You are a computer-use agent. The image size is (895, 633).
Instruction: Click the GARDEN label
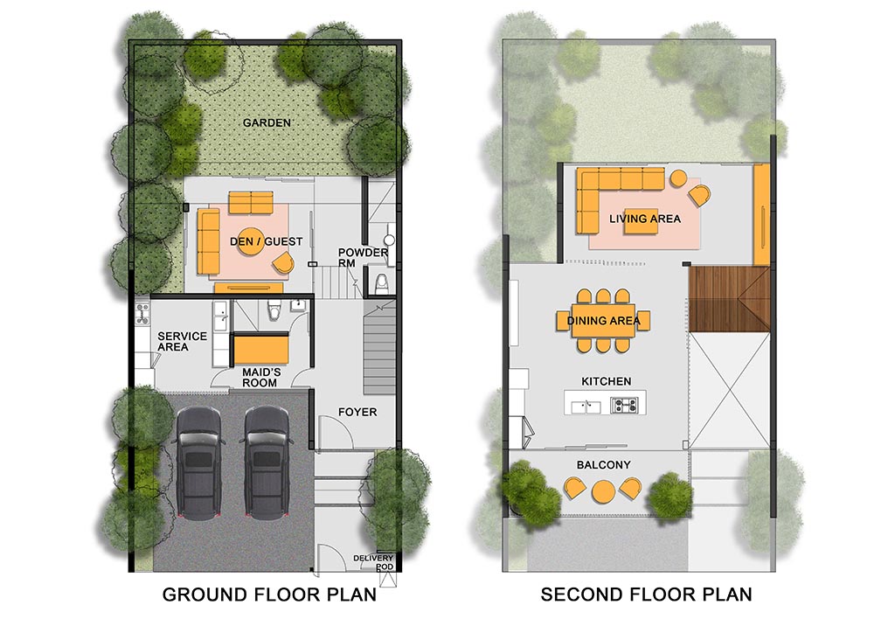pyautogui.click(x=267, y=122)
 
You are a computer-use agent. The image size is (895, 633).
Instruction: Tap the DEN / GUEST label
pyautogui.click(x=266, y=241)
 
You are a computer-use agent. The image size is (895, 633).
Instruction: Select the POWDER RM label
pyautogui.click(x=363, y=257)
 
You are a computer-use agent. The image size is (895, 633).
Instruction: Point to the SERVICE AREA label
pyautogui.click(x=182, y=341)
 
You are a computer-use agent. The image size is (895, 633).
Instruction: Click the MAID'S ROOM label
pyautogui.click(x=260, y=378)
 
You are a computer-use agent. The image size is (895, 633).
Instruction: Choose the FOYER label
pyautogui.click(x=357, y=412)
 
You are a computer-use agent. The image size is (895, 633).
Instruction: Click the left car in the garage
pyautogui.click(x=199, y=463)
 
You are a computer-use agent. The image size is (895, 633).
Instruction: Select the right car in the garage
pyautogui.click(x=267, y=463)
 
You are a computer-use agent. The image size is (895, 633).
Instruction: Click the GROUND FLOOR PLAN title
pyautogui.click(x=269, y=595)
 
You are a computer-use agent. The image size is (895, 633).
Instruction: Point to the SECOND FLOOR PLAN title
pyautogui.click(x=646, y=595)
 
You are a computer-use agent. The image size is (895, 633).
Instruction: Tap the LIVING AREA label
pyautogui.click(x=645, y=219)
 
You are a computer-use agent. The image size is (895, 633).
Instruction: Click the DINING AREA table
pyautogui.click(x=603, y=321)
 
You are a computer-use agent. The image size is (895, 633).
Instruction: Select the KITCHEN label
pyautogui.click(x=607, y=381)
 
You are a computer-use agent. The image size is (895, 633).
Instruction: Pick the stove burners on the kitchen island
pyautogui.click(x=623, y=406)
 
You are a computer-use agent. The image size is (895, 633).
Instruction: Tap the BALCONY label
pyautogui.click(x=603, y=465)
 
